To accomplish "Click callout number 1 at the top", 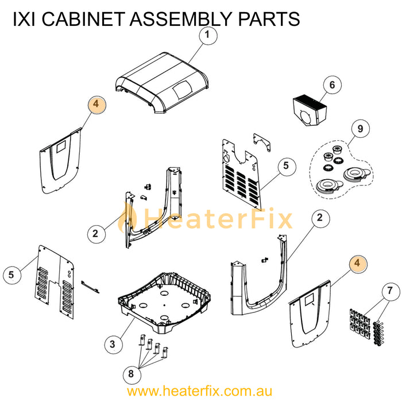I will point(207,36).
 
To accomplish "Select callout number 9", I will point(360,129).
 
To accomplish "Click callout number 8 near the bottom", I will point(131,374).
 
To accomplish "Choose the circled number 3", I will point(113,344).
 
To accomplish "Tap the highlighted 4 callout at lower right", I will point(358,263).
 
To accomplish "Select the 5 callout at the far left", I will point(11,275).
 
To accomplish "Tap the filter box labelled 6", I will point(311,109).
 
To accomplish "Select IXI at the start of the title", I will point(24,19).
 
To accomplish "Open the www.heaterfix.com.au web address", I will point(200,392).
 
